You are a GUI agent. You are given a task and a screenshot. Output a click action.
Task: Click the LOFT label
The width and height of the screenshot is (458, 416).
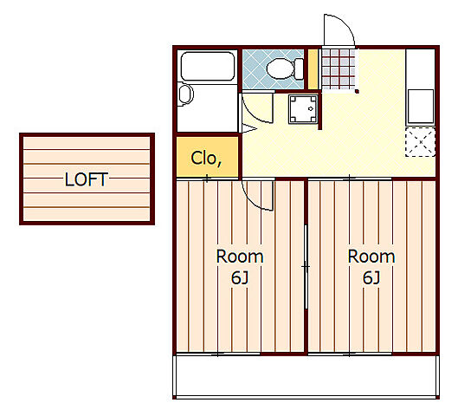(x=87, y=179)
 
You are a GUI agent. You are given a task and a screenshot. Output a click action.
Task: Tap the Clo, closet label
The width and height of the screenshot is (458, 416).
(x=206, y=159)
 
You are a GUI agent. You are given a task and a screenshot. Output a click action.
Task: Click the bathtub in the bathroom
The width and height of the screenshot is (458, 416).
(x=208, y=67)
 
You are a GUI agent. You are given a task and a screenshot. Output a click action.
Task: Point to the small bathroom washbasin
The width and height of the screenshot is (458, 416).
(x=185, y=94)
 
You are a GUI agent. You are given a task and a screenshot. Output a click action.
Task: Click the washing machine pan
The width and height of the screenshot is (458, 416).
(x=303, y=108)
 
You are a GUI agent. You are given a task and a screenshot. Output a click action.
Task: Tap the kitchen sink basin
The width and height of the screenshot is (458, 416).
(x=420, y=106)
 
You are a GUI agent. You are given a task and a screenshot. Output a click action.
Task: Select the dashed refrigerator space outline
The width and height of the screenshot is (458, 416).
(x=420, y=142)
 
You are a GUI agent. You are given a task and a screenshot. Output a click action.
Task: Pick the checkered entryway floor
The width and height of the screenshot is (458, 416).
(x=339, y=69)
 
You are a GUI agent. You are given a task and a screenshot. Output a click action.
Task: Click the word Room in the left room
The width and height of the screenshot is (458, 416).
(x=240, y=257)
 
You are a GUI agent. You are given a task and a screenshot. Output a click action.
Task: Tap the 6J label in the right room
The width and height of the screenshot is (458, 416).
(x=371, y=277)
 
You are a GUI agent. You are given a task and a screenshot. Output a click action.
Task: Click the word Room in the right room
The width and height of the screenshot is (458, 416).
(x=371, y=257)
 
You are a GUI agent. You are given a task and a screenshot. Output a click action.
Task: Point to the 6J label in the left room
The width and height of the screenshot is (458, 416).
(x=240, y=277)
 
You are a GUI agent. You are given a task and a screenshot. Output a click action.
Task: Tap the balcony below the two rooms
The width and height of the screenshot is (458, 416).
(x=306, y=376)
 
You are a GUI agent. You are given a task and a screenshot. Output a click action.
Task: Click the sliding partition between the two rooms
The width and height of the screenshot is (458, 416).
(x=306, y=267)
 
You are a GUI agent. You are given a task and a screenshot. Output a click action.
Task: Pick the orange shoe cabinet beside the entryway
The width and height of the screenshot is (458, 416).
(x=313, y=69)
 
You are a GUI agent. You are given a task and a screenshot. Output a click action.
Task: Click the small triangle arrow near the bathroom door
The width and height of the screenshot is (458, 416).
(x=248, y=128)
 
